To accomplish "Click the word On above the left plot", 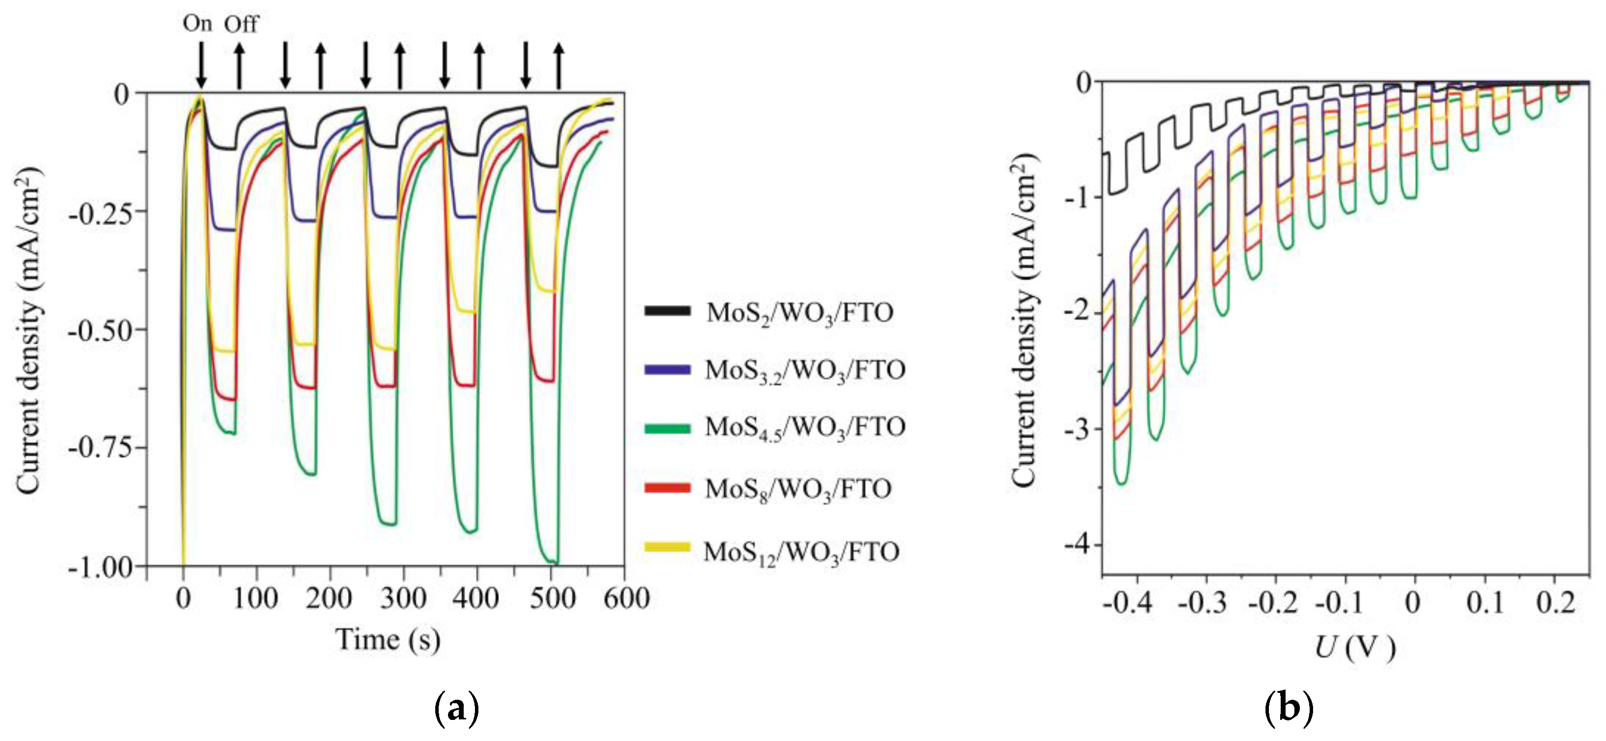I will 197,24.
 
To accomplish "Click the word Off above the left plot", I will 241,25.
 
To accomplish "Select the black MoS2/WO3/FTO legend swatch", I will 667,311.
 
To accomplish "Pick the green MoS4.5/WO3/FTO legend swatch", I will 667,428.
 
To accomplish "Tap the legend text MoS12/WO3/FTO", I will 801,552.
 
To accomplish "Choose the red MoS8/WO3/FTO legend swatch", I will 667,487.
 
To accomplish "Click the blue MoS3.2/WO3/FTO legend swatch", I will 667,369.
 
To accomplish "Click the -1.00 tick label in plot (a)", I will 100,567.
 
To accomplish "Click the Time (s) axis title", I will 388,640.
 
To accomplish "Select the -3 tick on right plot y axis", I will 1079,429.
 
